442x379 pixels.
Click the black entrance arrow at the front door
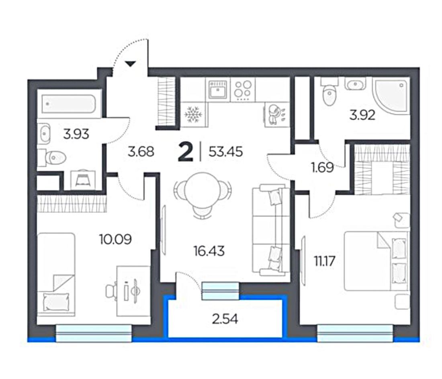(x=130, y=64)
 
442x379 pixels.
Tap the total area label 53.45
(x=225, y=152)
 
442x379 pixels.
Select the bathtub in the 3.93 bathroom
(x=68, y=104)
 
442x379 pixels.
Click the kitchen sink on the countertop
(x=218, y=89)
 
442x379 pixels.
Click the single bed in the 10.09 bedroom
(x=56, y=274)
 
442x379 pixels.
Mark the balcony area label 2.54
(x=225, y=319)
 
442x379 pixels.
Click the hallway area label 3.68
(x=141, y=152)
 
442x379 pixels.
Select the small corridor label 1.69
(x=323, y=167)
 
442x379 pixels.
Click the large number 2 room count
(x=186, y=152)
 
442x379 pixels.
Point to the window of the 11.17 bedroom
(x=355, y=333)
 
